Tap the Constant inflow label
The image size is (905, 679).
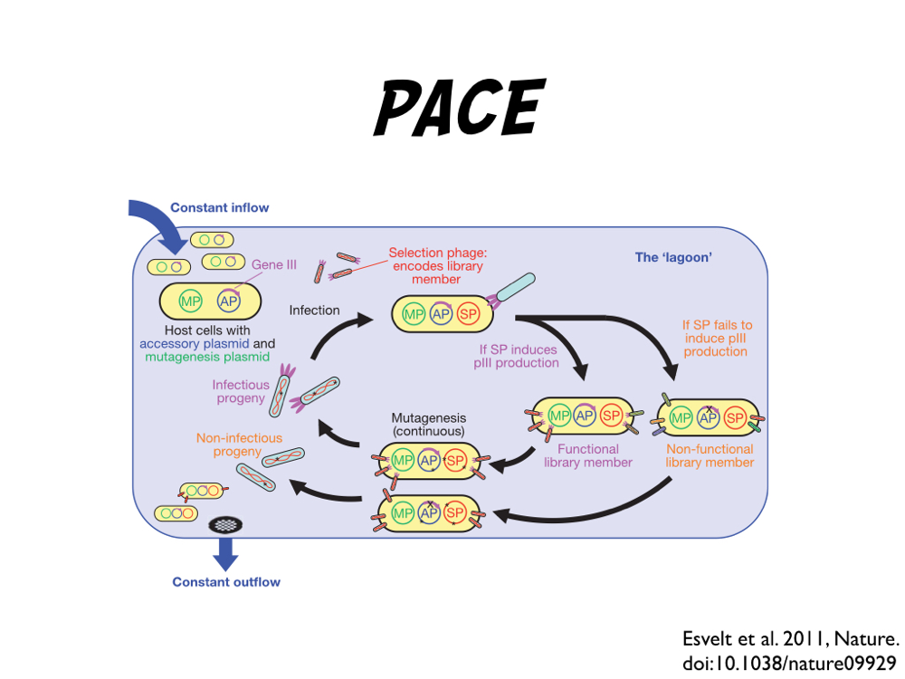(220, 207)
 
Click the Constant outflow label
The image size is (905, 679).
(226, 582)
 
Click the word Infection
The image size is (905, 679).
(314, 310)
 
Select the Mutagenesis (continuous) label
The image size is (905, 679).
(428, 425)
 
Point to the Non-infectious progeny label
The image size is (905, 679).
(239, 445)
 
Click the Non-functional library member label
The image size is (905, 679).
(710, 455)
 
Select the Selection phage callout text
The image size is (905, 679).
(436, 266)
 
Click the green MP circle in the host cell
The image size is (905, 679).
(190, 301)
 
